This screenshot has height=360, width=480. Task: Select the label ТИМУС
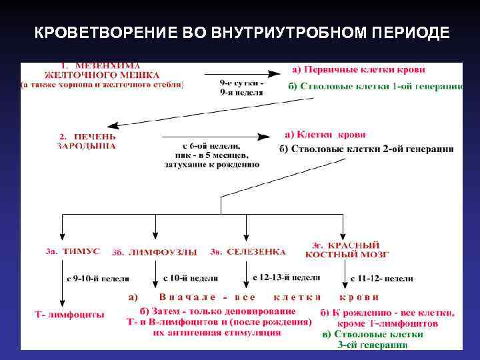[81, 251]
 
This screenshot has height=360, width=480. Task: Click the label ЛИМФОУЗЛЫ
[165, 252]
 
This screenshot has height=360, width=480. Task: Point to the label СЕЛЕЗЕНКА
[256, 251]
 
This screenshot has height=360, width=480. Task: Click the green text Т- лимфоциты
[69, 313]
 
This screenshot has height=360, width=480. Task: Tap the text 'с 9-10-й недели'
[98, 278]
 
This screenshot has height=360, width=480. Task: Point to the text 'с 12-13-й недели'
[287, 277]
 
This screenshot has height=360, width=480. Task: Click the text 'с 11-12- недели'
[382, 278]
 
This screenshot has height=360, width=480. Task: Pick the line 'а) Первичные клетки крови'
[359, 69]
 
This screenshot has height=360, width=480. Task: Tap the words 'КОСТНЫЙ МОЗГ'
[348, 254]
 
